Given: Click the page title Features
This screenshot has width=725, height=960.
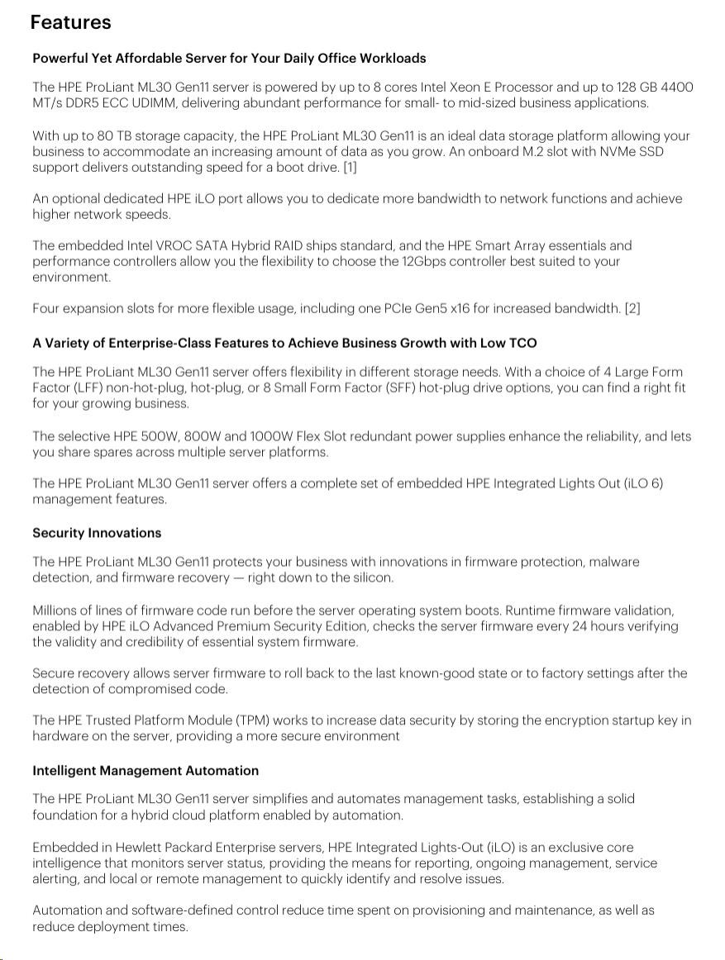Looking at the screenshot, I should coord(70,22).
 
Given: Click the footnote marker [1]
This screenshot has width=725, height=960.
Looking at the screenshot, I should coord(350,167).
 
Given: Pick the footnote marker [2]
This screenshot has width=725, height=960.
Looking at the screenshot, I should coord(632,309).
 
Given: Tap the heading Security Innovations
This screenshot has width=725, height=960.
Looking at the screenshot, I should coord(97,533).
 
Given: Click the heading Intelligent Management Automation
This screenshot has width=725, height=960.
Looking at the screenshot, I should coord(145,771).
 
